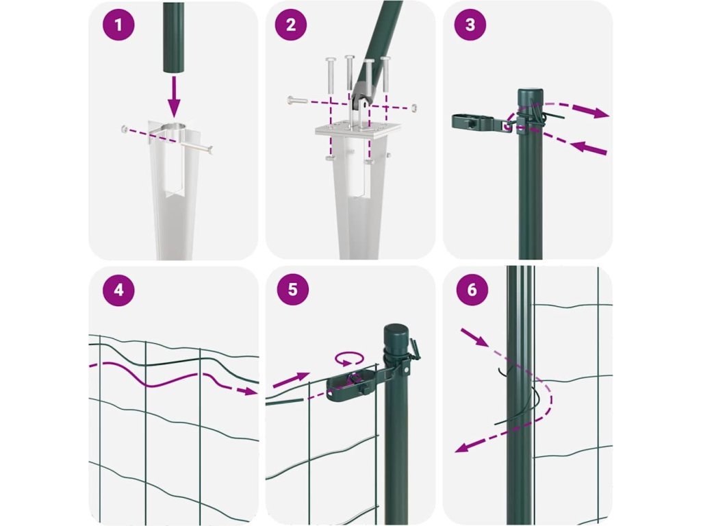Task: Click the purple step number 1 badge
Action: [x=118, y=25]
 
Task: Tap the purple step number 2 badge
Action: [x=291, y=25]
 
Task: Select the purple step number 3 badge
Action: [x=470, y=25]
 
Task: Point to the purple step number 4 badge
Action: [x=118, y=290]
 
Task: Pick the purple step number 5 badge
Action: [x=293, y=290]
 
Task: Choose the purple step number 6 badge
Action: [x=472, y=290]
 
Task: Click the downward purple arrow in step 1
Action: [x=174, y=97]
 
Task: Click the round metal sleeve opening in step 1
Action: [x=174, y=127]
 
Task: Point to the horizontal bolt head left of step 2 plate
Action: [x=290, y=101]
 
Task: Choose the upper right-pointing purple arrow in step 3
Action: [x=590, y=110]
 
